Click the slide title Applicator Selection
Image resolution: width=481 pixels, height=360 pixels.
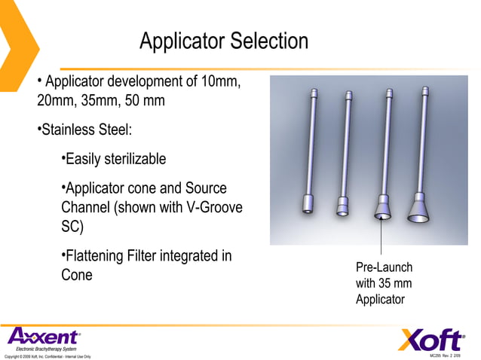(x=223, y=41)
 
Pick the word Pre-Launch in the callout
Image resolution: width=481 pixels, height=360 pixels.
(x=384, y=267)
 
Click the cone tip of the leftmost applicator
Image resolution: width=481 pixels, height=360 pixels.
(x=308, y=204)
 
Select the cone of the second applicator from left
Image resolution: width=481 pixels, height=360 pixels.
(x=343, y=205)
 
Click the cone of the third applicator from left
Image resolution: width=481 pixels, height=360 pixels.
(x=383, y=209)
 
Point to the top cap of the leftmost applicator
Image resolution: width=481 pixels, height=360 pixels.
(x=312, y=93)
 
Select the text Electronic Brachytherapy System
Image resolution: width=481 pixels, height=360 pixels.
(x=47, y=349)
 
